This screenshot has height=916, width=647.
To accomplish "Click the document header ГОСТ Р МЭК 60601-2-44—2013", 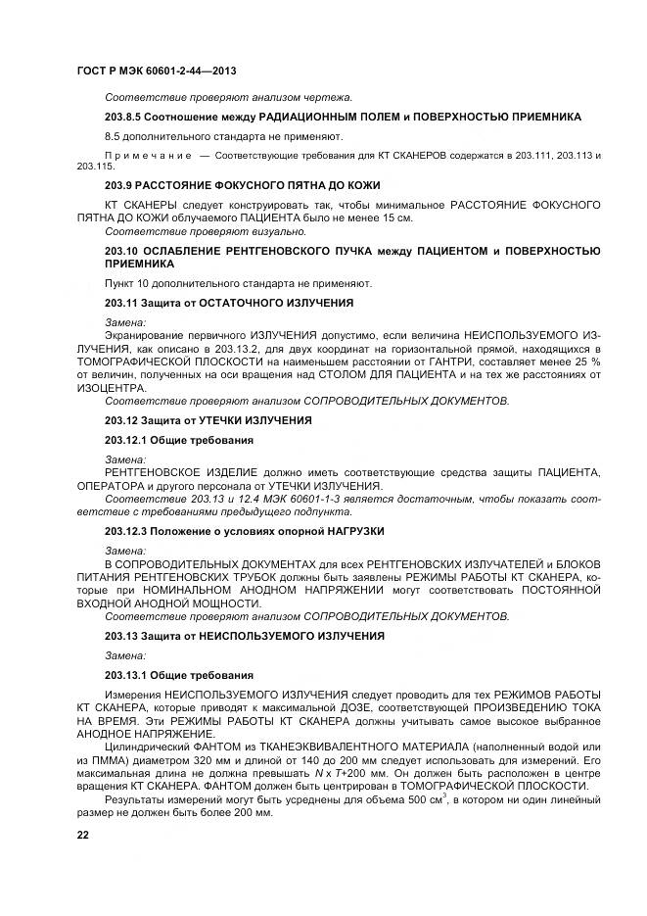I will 156,72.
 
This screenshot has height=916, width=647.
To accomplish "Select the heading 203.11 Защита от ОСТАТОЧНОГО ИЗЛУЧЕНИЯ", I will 229,303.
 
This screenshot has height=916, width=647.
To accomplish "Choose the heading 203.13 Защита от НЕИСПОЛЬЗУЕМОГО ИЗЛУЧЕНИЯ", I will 244,636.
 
